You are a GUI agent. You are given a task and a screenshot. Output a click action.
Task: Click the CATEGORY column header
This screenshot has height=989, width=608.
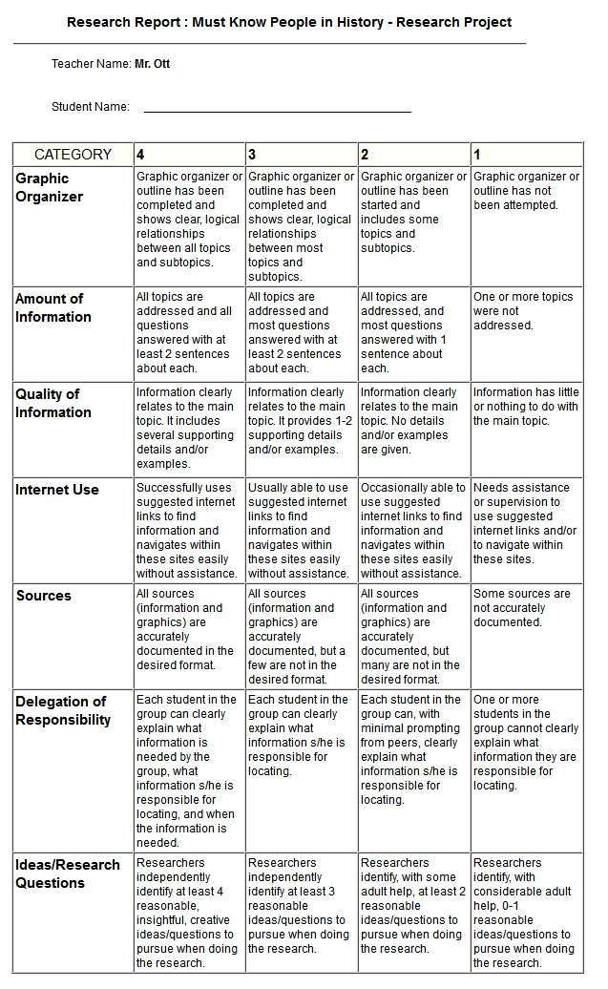coord(73,155)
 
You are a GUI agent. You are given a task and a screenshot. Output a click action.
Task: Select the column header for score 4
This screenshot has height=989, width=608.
coord(141,155)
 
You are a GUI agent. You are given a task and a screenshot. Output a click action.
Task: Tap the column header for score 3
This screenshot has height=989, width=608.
coord(252,155)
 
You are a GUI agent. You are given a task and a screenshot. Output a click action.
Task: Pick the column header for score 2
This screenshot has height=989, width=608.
coord(365,155)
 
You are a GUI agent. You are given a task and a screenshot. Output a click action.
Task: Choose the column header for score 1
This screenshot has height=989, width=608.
coord(477,155)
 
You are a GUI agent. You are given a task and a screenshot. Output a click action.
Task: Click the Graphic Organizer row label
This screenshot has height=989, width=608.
coord(50,187)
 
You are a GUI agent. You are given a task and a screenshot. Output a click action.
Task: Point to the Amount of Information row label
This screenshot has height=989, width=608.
coord(53,307)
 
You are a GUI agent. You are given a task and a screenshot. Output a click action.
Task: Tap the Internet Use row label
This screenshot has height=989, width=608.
coord(57,490)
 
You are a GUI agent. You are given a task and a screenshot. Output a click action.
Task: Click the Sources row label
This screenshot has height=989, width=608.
coord(44,596)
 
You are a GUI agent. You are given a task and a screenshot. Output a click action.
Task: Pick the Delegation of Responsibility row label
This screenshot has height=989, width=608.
coord(63,710)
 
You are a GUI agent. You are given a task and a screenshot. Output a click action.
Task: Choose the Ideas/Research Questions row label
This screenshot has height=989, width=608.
coord(67,873)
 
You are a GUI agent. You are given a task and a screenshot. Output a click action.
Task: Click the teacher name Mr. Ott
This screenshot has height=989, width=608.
coord(153,64)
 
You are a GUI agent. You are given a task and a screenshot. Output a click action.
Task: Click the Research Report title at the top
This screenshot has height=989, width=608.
coord(289,22)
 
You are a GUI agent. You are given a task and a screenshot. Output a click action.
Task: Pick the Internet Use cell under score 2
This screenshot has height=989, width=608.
coord(413,530)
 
